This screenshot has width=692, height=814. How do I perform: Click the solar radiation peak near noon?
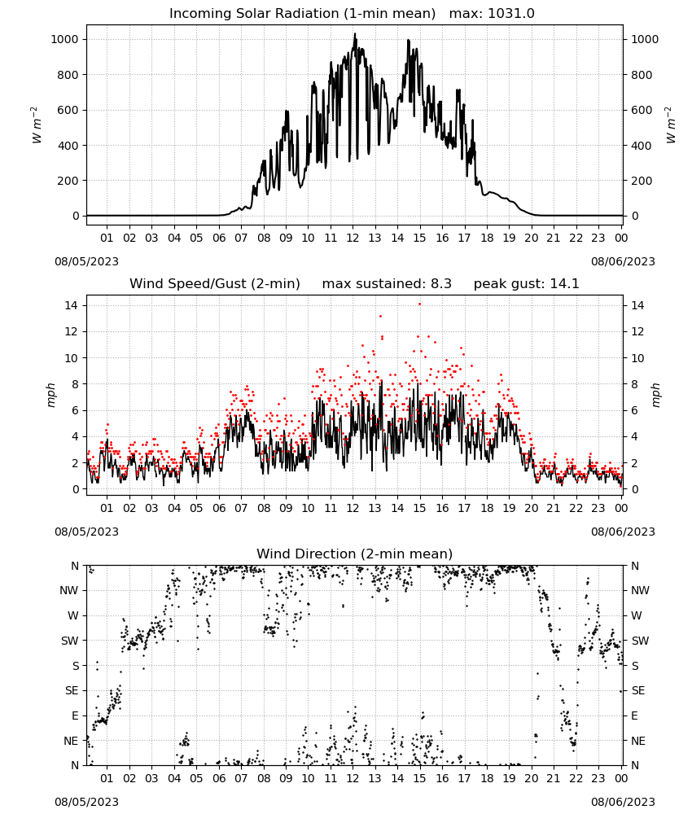[x=355, y=34]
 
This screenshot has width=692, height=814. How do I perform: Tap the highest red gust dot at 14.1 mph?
[x=419, y=304]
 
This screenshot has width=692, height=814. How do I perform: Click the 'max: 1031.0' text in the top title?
[x=492, y=14]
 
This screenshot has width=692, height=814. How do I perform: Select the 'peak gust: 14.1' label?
[x=526, y=284]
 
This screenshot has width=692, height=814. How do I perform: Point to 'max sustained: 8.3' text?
[x=387, y=284]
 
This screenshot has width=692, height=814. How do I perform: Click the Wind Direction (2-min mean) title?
[x=355, y=554]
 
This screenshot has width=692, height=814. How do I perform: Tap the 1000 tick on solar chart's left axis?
[x=64, y=39]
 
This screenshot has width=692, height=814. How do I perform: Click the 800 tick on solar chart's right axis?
[x=642, y=75]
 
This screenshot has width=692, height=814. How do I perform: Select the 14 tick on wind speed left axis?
[x=71, y=305]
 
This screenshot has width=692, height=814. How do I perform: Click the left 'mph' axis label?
[x=50, y=395]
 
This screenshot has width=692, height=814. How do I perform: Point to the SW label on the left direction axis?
[x=70, y=641]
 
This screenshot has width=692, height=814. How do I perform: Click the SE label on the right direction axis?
[x=638, y=690]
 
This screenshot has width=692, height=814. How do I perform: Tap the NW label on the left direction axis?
[x=69, y=590]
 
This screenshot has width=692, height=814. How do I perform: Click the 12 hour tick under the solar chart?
[x=353, y=238]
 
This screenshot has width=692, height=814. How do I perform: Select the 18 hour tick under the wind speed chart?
[x=486, y=508]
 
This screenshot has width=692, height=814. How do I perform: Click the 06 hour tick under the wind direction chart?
[x=218, y=778]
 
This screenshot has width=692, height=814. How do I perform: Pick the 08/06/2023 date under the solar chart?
[x=623, y=261]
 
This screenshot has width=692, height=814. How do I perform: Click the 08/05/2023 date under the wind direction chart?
[x=86, y=802]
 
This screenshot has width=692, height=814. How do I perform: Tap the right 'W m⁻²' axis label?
[x=671, y=125]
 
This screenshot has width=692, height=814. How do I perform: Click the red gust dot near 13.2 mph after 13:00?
[x=380, y=316]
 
